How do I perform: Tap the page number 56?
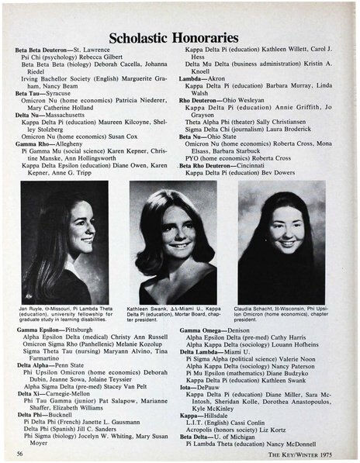tap(19, 453)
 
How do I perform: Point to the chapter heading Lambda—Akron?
tap(202, 78)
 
